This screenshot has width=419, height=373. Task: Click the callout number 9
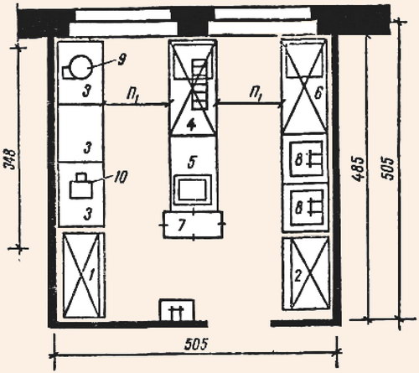click(x=122, y=60)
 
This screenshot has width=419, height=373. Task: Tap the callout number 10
click(x=121, y=177)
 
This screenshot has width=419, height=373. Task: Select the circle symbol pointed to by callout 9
click(x=80, y=67)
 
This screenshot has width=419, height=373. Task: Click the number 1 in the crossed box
click(x=91, y=276)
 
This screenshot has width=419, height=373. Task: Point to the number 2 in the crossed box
click(x=298, y=276)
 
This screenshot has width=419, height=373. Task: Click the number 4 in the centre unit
click(x=191, y=125)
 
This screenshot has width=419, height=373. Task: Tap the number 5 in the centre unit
click(x=192, y=162)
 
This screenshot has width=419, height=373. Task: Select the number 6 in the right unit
click(x=318, y=93)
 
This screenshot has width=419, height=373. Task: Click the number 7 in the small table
click(x=182, y=225)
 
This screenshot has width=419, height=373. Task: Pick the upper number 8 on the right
click(x=299, y=160)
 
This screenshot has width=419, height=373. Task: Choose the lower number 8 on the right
click(x=299, y=208)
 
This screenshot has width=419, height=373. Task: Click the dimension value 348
click(x=12, y=160)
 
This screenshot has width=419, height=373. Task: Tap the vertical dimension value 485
click(x=359, y=168)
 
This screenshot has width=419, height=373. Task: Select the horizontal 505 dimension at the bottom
click(x=196, y=345)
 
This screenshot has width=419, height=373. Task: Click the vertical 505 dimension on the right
click(x=388, y=168)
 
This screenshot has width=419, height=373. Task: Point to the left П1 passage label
click(x=132, y=96)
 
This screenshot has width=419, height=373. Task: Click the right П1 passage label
click(x=256, y=94)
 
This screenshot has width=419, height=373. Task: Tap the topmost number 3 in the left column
click(x=87, y=91)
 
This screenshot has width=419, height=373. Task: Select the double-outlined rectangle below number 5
click(x=193, y=189)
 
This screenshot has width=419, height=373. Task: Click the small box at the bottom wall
click(x=177, y=309)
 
